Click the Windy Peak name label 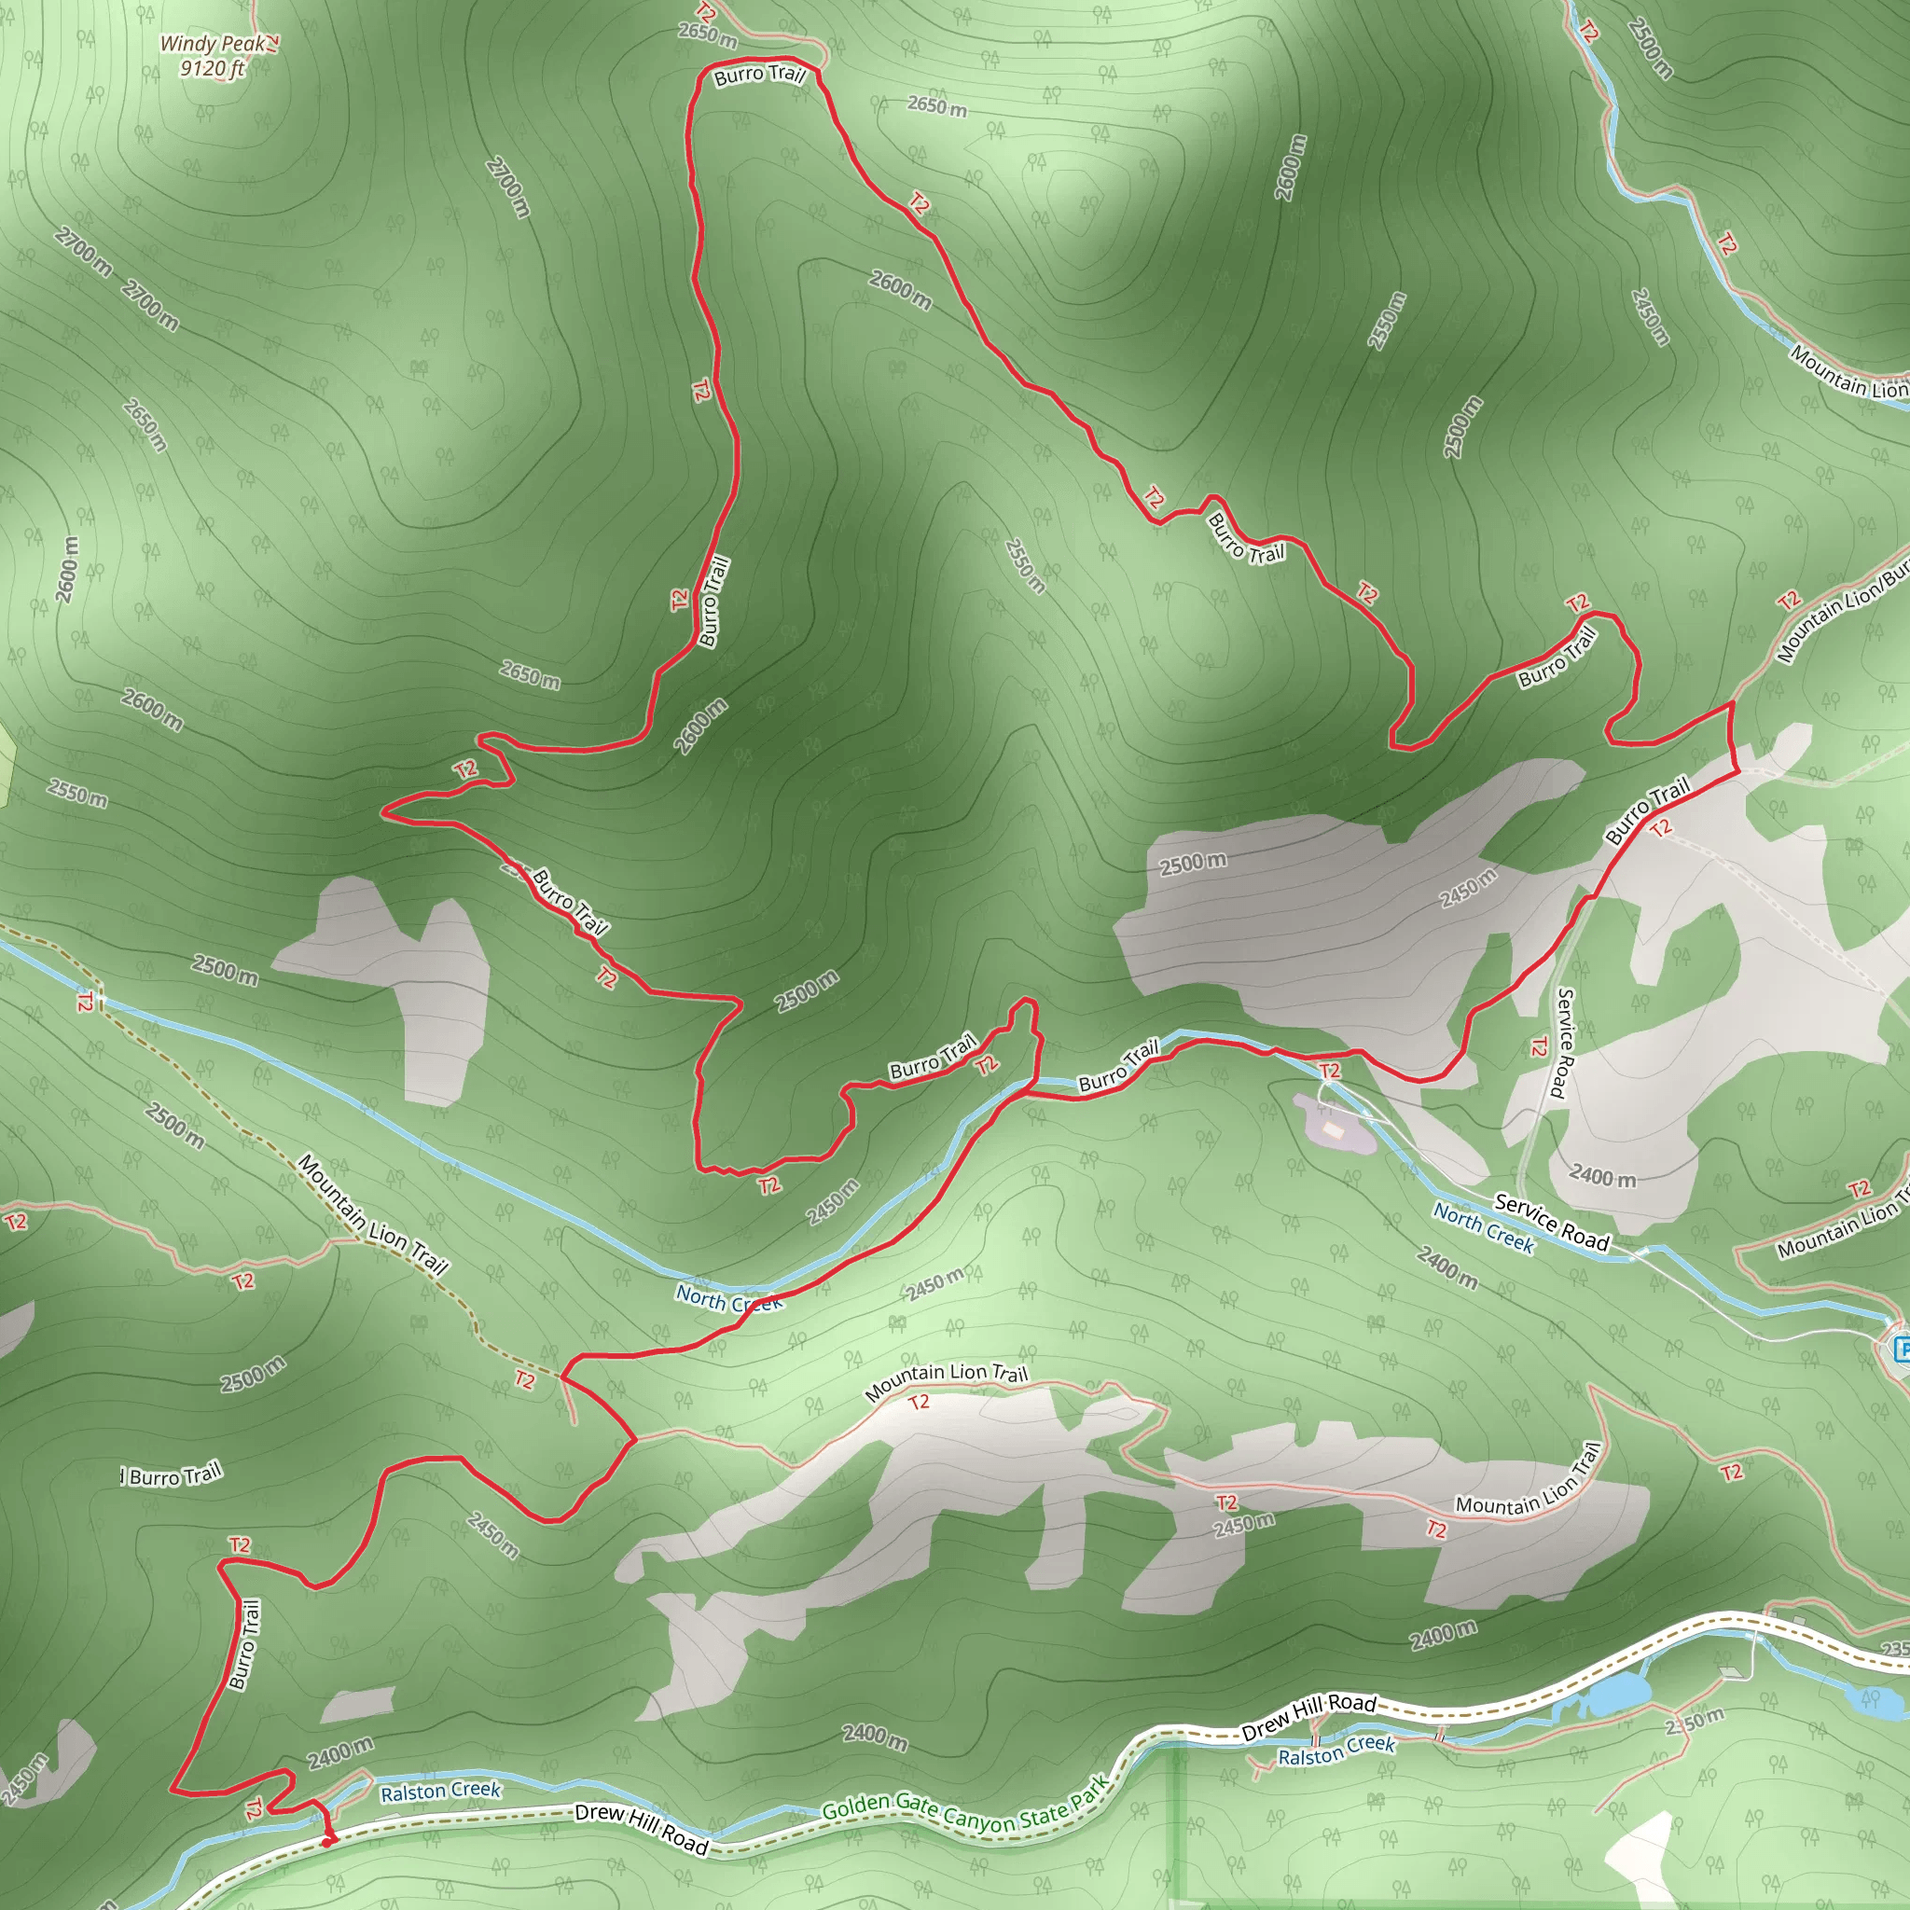tap(213, 44)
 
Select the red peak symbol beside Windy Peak tap(273, 42)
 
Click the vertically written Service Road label tap(1562, 1044)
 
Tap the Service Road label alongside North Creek tap(1551, 1222)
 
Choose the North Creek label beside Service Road tap(1483, 1228)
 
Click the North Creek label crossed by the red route tap(728, 1297)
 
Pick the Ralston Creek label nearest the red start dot tap(441, 1791)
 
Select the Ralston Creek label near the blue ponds tap(1336, 1751)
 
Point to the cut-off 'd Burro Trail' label tap(170, 1475)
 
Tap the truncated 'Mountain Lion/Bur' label tap(1841, 613)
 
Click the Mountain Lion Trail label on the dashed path tap(373, 1214)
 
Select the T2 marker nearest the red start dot tap(253, 1808)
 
